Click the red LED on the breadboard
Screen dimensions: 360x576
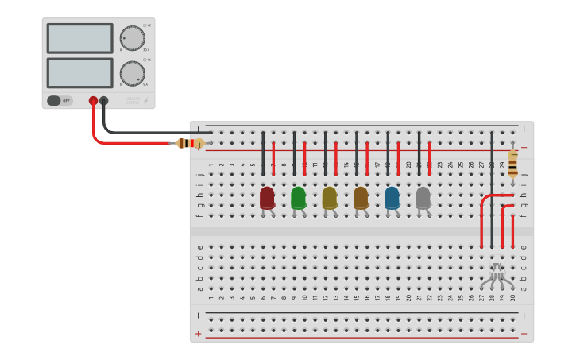[x=267, y=197]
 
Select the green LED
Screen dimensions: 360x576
[x=299, y=197]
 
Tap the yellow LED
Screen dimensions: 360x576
[x=330, y=197]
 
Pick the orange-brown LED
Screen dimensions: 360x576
[x=361, y=197]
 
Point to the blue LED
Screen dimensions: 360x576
[x=392, y=197]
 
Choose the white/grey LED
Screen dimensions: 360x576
[x=423, y=197]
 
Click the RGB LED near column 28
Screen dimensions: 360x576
[x=496, y=275]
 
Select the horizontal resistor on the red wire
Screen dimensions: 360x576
[x=190, y=143]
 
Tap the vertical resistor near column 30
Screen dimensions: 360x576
[x=512, y=164]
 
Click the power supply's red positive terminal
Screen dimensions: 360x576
[x=93, y=101]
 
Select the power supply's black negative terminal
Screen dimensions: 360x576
[x=104, y=101]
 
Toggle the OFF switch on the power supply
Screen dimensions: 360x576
[x=59, y=101]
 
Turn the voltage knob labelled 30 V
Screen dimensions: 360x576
[x=132, y=37]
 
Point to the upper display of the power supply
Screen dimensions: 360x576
[x=79, y=38]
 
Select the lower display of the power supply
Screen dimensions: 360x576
[x=79, y=72]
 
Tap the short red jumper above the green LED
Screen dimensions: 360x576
[x=304, y=157]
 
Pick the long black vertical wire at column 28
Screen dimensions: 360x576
[x=492, y=191]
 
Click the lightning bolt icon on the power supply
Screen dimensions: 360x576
[x=145, y=101]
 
